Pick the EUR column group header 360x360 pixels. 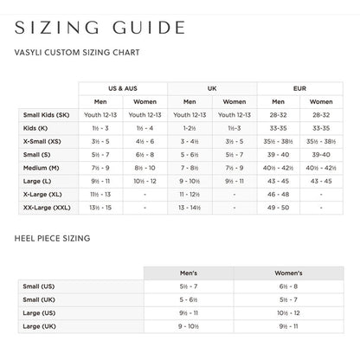299,88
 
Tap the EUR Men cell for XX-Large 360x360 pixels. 278,209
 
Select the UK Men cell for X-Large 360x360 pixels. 190,195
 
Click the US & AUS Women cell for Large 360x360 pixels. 145,181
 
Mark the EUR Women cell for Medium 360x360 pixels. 321,167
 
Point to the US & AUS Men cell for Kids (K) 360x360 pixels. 100,128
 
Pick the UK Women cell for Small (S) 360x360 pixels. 234,154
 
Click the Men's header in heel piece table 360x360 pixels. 189,272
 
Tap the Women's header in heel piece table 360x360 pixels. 289,272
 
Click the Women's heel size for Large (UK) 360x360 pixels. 289,326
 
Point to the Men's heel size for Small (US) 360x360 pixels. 189,286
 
